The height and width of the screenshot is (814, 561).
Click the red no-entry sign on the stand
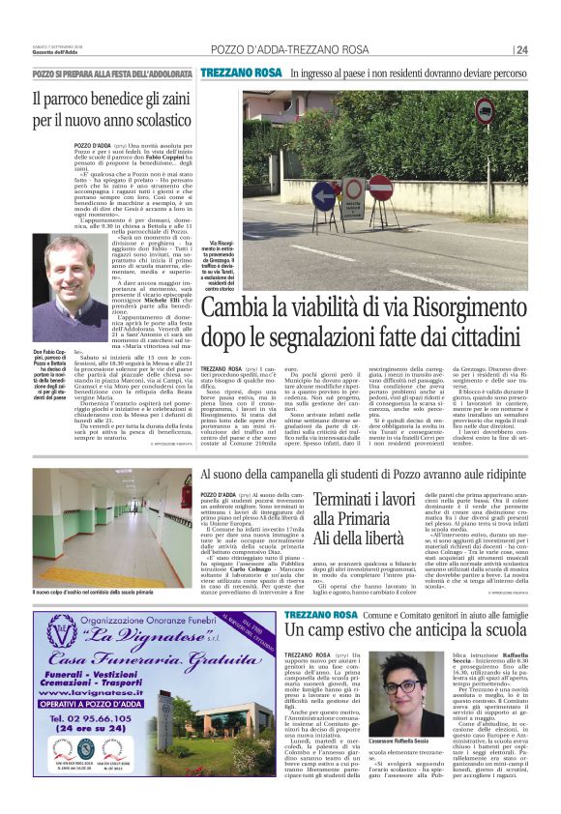[379, 184]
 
